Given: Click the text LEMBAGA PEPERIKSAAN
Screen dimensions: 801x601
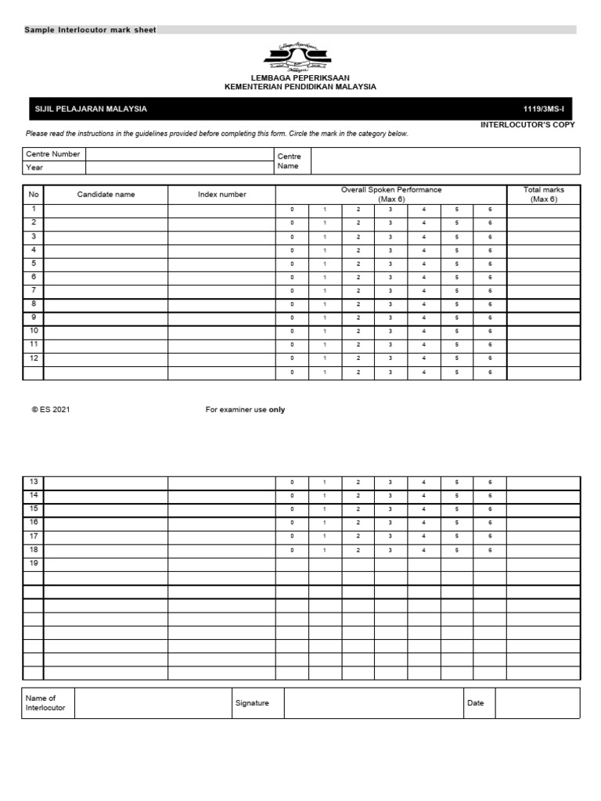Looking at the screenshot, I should (300, 78).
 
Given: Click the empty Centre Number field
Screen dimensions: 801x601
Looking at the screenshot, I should (179, 154).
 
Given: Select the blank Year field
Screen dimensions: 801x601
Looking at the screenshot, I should (179, 167).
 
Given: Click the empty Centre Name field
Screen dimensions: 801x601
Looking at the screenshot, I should (445, 161).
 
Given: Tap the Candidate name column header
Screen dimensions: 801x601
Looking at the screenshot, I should (106, 195).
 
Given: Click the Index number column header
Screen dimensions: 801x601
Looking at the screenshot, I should (221, 195).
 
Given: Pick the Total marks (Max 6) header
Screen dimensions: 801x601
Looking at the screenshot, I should (543, 195).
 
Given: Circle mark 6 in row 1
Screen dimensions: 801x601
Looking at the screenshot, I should (490, 210).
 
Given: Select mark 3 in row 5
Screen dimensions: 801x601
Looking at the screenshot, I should (390, 264).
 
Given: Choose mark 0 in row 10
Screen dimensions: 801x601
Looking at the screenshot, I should (292, 331).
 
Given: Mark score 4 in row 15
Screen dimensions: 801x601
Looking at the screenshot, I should (423, 509).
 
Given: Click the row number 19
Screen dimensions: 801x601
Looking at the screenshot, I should (33, 563).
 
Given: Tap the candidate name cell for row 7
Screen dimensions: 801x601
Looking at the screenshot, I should (106, 290).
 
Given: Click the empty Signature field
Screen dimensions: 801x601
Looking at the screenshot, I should (373, 703).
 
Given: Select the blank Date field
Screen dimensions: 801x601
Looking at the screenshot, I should (537, 703).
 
